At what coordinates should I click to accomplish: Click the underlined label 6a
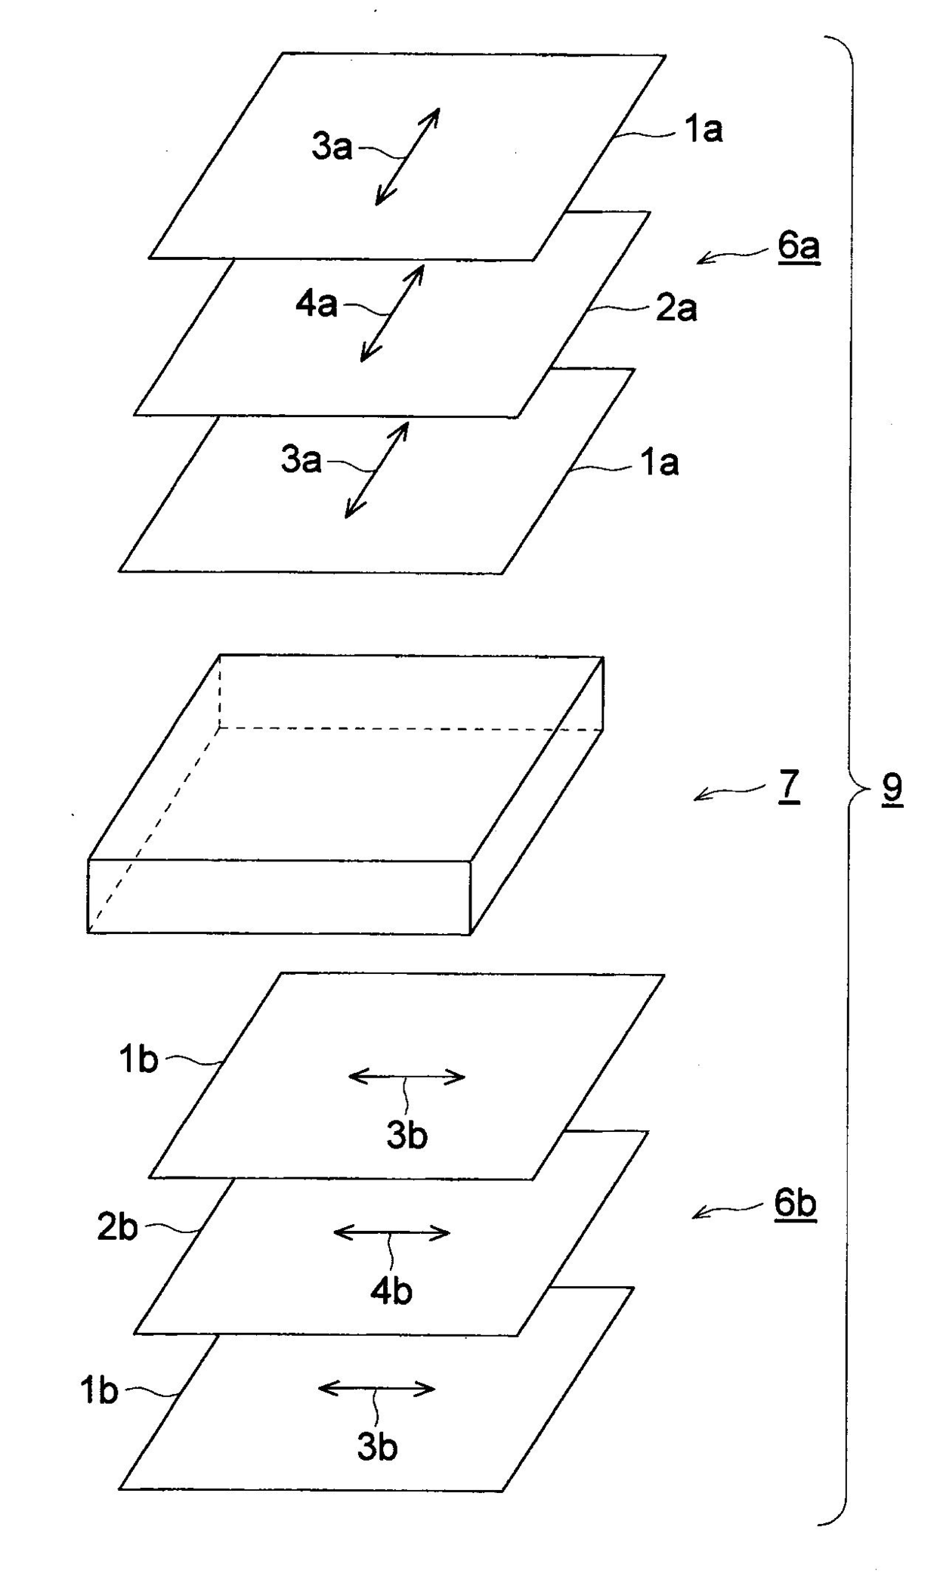tap(799, 247)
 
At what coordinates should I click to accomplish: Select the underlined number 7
tap(788, 787)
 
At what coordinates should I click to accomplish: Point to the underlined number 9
tap(892, 788)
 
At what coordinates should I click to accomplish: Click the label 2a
tap(676, 308)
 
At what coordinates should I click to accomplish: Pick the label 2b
tap(117, 1228)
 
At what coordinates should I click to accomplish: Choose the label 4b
tap(391, 1292)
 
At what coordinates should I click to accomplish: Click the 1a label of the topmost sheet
tap(703, 130)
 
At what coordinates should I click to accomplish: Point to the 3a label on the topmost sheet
tap(332, 147)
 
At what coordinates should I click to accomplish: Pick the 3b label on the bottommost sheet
tap(377, 1447)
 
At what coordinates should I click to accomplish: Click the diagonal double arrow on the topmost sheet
tap(407, 156)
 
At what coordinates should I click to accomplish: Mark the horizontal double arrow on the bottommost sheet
tap(376, 1388)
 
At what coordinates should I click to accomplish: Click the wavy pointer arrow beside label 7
tap(729, 792)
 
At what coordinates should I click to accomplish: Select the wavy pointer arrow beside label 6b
tap(725, 1209)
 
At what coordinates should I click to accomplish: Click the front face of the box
tap(279, 896)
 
